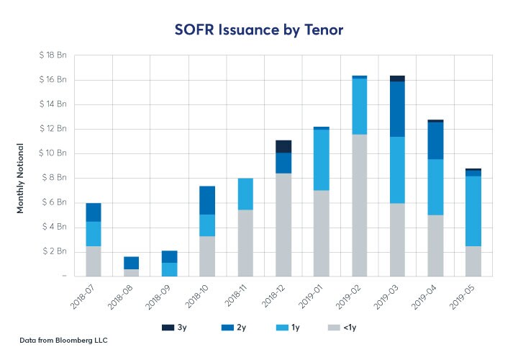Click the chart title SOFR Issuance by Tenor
click(258, 30)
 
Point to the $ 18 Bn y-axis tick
click(51, 55)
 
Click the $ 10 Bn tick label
click(51, 153)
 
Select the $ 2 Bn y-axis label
click(53, 251)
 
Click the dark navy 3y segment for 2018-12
click(283, 146)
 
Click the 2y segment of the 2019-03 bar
click(397, 109)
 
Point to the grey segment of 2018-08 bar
click(132, 272)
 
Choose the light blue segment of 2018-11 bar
click(245, 194)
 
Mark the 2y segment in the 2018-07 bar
click(94, 212)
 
